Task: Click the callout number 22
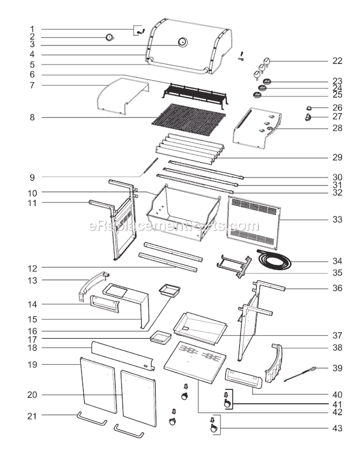click(337, 61)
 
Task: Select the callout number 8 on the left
click(33, 117)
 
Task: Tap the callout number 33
click(337, 220)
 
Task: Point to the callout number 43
click(337, 429)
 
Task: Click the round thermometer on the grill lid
click(182, 42)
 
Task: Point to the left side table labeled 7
click(122, 94)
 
